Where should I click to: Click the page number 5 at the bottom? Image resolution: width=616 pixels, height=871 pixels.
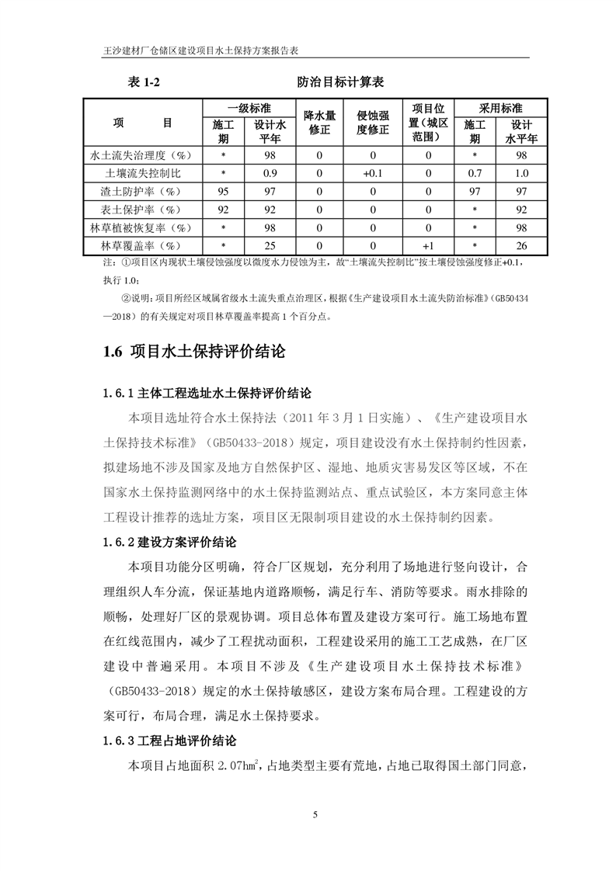pyautogui.click(x=315, y=814)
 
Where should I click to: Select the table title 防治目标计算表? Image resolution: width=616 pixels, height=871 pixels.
pyautogui.click(x=340, y=82)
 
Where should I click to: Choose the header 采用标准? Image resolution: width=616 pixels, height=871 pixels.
pyautogui.click(x=499, y=108)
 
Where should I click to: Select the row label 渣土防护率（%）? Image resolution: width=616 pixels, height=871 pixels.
pyautogui.click(x=143, y=191)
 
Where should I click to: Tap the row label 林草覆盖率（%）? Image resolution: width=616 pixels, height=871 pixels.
pyautogui.click(x=143, y=246)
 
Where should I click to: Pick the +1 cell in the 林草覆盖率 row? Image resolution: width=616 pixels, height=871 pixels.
pyautogui.click(x=427, y=246)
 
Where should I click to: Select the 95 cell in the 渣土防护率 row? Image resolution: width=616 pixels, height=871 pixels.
pyautogui.click(x=223, y=191)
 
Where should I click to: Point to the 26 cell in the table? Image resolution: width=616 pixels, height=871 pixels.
pyautogui.click(x=521, y=246)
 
